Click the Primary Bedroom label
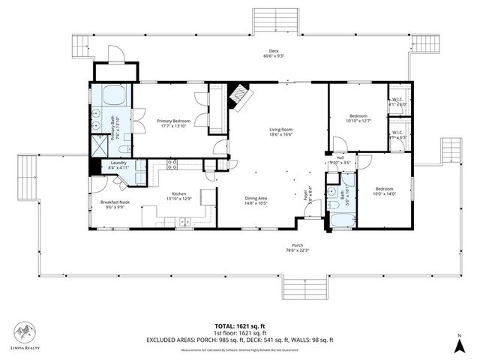[173, 121]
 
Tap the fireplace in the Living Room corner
[239, 94]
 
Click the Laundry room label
[118, 163]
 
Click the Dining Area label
[256, 198]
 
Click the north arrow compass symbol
[459, 344]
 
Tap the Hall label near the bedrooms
[340, 159]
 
